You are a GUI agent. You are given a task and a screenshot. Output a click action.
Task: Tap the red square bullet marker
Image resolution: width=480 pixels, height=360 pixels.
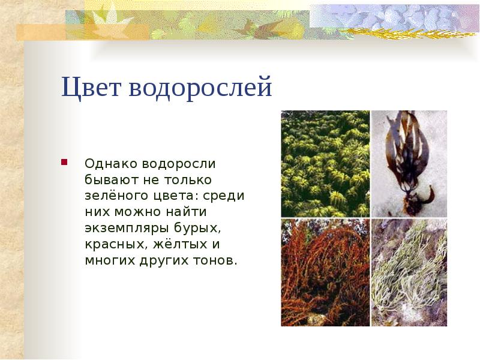63,163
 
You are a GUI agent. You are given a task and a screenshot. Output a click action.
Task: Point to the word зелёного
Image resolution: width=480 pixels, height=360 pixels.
111,196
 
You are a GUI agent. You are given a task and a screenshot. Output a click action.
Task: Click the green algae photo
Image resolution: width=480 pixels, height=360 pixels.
325,163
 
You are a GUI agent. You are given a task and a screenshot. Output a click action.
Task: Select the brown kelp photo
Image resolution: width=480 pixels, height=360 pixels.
409,163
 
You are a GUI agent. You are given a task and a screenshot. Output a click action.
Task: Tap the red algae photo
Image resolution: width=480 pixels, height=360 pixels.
325,272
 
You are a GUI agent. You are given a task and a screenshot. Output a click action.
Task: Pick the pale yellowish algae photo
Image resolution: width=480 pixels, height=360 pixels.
409,272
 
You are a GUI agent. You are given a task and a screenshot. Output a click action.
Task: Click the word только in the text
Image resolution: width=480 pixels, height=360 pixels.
188,179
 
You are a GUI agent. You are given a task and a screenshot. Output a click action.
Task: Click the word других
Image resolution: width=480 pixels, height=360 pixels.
165,261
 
